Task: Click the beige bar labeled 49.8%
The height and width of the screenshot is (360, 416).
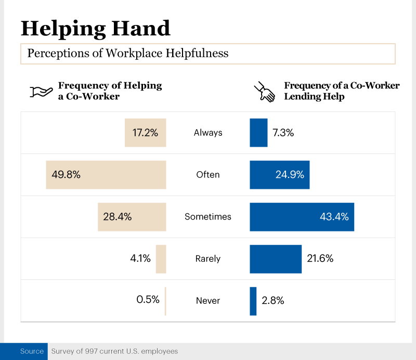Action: coord(106,175)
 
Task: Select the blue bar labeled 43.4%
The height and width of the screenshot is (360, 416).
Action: coord(302,217)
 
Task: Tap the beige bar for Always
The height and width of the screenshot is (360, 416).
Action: coord(145,133)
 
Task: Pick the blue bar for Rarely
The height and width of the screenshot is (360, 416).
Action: coord(276,259)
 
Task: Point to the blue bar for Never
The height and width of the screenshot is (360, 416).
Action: coord(253,301)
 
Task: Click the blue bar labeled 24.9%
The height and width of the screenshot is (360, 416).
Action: coord(280,175)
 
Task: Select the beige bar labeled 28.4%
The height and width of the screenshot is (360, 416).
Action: coord(132,217)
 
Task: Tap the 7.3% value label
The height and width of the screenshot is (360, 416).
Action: coord(283,133)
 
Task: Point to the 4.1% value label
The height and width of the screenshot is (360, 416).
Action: coord(140,259)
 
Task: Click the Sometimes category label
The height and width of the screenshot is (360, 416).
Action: coord(208,217)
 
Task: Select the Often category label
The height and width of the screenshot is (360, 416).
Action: coord(208,175)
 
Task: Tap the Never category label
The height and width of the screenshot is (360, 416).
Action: coord(208,301)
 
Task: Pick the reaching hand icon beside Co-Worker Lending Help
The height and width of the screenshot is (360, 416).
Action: coord(264,92)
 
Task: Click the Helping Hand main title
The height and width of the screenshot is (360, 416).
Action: coord(96,28)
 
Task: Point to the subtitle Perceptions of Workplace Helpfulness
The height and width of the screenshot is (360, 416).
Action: coord(128,54)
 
